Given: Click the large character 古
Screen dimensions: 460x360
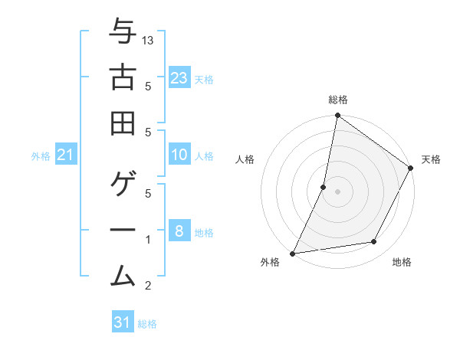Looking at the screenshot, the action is [123, 77].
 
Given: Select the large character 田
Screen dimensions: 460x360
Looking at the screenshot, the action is [123, 123].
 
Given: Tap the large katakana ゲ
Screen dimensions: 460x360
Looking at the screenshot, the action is [123, 185].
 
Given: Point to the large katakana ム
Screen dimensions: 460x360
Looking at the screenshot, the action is [123, 274].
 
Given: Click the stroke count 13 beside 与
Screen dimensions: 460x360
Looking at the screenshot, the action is [149, 40].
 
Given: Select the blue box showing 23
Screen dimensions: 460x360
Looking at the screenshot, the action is [179, 77].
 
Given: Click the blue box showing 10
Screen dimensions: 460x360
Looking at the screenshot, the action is [179, 155].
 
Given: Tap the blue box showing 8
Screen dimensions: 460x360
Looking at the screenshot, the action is [179, 231].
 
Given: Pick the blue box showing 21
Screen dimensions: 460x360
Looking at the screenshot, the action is [66, 155].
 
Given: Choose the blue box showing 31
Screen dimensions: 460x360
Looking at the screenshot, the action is [123, 322].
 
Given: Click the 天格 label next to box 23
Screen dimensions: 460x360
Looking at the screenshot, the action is [204, 79].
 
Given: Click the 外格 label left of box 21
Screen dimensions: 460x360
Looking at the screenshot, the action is [41, 156].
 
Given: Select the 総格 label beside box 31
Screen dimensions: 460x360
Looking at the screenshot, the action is [147, 324].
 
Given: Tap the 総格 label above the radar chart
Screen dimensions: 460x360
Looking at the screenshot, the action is [338, 100].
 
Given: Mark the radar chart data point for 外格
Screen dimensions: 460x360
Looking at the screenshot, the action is [292, 254].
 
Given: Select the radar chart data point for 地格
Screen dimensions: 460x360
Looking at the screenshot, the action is [374, 242].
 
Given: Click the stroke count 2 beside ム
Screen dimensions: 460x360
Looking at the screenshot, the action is [148, 286].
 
